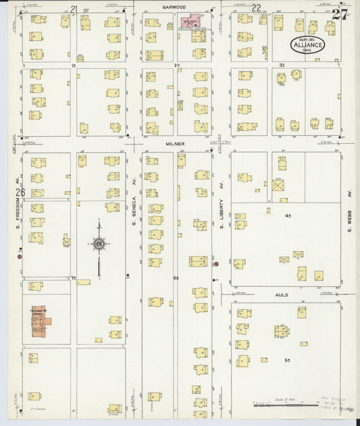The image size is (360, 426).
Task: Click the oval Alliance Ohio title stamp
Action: pyautogui.click(x=308, y=45)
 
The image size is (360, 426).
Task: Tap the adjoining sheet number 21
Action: pyautogui.click(x=74, y=9)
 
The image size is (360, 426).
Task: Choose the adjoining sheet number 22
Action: pyautogui.click(x=256, y=8)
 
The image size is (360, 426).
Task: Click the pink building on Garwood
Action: pyautogui.click(x=192, y=22)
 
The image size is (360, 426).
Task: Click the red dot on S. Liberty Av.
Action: pyautogui.click(x=216, y=264)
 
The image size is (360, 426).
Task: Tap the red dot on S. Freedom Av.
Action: pyautogui.click(x=20, y=257)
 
